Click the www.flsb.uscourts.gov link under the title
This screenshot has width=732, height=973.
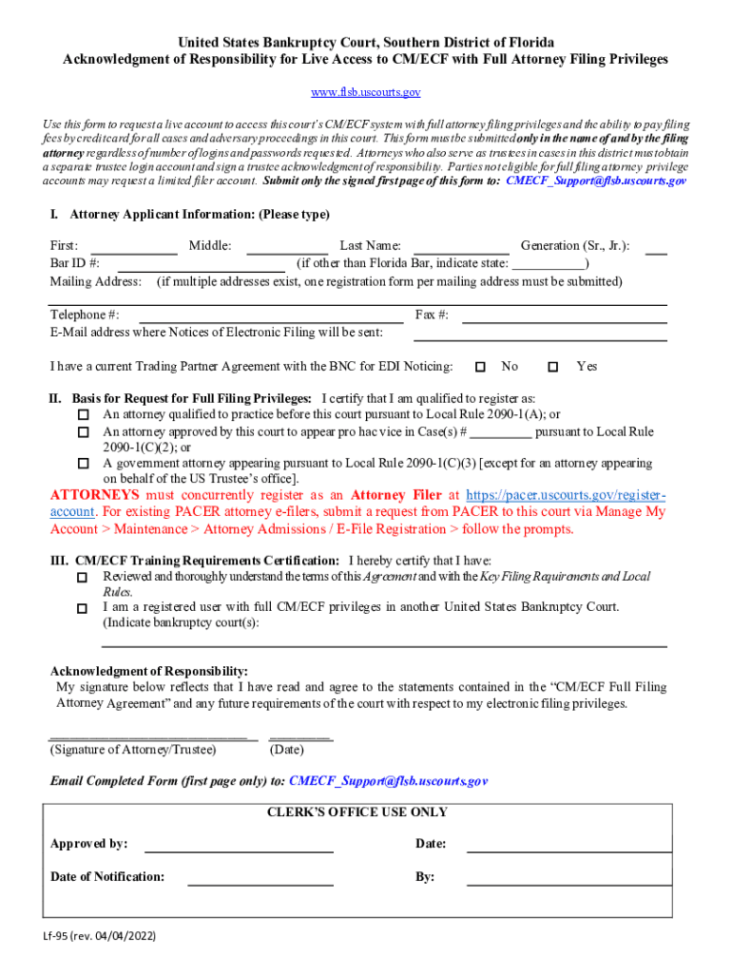tap(366, 92)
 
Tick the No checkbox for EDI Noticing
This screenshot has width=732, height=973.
tap(480, 367)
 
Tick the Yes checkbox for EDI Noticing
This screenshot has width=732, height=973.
tap(553, 367)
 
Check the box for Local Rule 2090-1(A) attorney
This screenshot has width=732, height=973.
tap(83, 415)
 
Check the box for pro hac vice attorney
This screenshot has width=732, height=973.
tap(83, 432)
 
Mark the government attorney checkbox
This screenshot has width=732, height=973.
tap(83, 465)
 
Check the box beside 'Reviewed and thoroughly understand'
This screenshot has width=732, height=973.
tap(83, 578)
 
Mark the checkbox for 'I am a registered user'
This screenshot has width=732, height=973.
tap(83, 608)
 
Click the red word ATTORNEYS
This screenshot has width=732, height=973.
tap(94, 495)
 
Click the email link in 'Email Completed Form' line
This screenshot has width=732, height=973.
tap(388, 781)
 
